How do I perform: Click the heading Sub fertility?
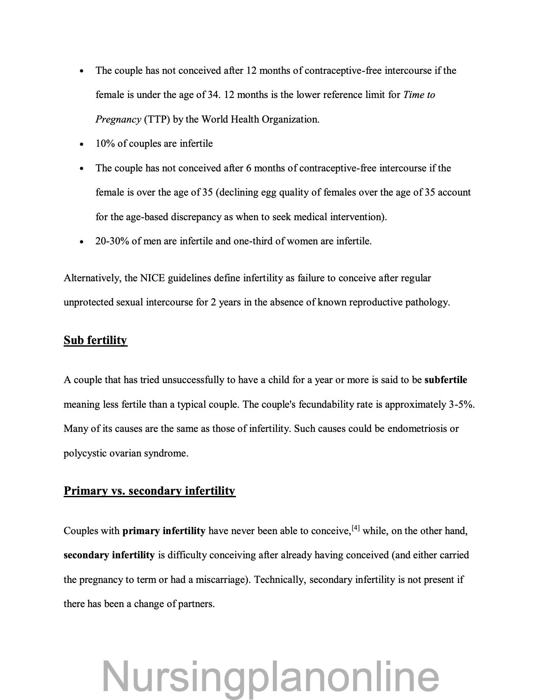click(x=95, y=340)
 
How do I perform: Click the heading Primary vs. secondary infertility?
click(x=149, y=491)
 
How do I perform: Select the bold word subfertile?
click(x=446, y=380)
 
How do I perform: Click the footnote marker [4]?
click(x=356, y=529)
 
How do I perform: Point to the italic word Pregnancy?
click(x=118, y=119)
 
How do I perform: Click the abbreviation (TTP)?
click(x=157, y=119)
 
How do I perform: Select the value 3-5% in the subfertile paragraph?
click(x=460, y=404)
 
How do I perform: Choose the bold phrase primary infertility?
click(x=164, y=531)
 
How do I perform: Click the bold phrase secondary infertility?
click(x=109, y=555)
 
